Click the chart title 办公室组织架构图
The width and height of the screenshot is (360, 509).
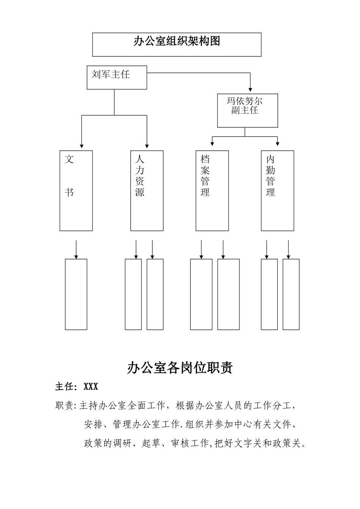[x=177, y=41]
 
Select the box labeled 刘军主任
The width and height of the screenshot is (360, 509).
[x=117, y=78]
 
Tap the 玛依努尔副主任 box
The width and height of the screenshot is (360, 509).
[x=247, y=110]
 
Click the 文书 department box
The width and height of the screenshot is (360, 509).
[x=76, y=190]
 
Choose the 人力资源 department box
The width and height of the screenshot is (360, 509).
[x=147, y=190]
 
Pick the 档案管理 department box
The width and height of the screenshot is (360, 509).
[x=212, y=190]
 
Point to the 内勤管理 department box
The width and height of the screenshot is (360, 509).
[x=277, y=190]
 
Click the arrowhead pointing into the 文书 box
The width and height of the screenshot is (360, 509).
[x=81, y=146]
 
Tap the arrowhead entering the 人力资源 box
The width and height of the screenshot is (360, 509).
[x=147, y=146]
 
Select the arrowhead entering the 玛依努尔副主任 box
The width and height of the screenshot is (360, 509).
[x=250, y=89]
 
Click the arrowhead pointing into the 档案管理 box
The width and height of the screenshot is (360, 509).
[x=212, y=144]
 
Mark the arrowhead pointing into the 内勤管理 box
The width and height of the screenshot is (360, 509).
[x=277, y=144]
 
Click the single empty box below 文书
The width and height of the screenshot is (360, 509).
[x=76, y=294]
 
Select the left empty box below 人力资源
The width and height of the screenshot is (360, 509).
[x=133, y=294]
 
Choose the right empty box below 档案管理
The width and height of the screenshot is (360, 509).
[x=229, y=294]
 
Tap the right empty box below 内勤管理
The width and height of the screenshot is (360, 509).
[x=291, y=294]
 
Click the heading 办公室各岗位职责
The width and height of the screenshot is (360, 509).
[x=180, y=368]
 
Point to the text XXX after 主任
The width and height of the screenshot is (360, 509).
[x=91, y=387]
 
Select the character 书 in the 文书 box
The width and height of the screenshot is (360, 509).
[x=69, y=192]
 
